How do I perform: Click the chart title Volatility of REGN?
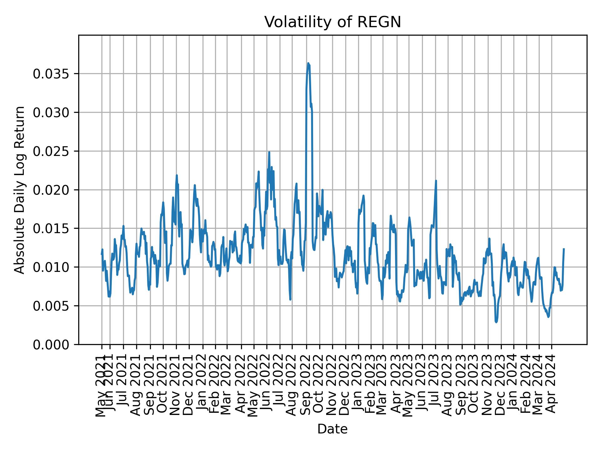332,22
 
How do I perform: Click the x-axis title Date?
332,429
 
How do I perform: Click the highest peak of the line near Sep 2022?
308,63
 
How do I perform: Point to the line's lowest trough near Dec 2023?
496,322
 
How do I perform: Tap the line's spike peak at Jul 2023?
436,181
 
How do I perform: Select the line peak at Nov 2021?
177,175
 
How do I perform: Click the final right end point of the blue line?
564,249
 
